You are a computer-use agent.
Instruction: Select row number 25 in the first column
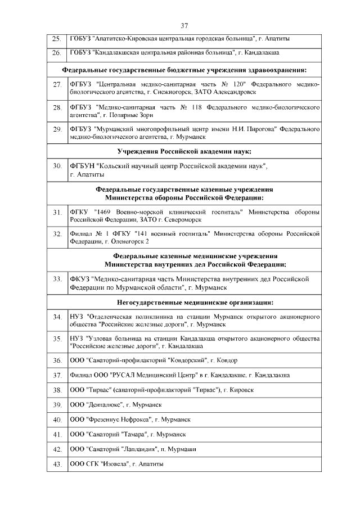(56, 39)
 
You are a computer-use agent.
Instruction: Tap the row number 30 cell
(56, 167)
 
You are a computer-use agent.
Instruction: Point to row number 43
(56, 464)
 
